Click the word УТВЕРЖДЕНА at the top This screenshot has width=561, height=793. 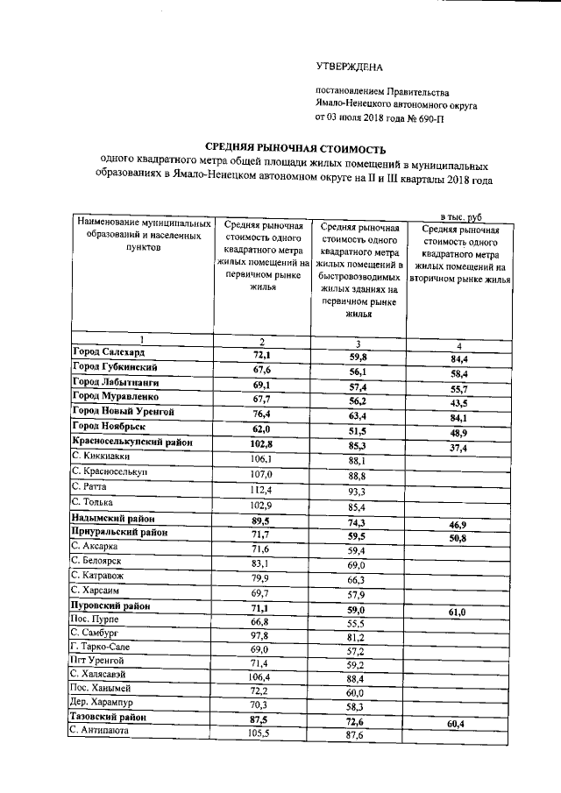point(349,66)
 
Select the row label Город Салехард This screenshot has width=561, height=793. point(109,351)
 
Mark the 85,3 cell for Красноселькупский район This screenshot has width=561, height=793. point(359,447)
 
